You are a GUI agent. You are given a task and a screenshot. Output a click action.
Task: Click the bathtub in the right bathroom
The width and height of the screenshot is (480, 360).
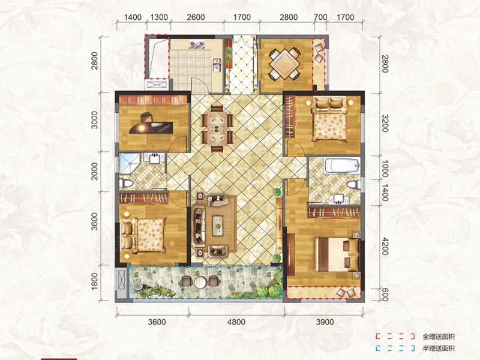click(x=342, y=166)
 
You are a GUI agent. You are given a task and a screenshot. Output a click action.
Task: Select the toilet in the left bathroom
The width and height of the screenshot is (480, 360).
click(x=127, y=184)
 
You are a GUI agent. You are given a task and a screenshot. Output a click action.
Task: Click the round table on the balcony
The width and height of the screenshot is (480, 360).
click(x=200, y=281)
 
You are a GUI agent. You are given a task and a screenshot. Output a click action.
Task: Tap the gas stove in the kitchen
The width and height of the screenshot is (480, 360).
click(x=196, y=44)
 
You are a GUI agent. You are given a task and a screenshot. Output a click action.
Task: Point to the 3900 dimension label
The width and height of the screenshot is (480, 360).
click(x=325, y=322)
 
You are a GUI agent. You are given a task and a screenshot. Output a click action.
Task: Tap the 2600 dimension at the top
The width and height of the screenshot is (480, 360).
click(x=196, y=17)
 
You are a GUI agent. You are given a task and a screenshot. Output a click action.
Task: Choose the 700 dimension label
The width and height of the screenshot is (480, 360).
click(x=320, y=17)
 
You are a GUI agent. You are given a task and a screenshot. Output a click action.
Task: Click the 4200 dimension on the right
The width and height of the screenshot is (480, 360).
click(x=385, y=246)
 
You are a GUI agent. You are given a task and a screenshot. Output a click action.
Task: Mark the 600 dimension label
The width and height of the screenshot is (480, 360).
click(x=385, y=295)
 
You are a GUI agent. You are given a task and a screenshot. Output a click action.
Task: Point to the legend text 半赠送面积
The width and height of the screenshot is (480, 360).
click(x=439, y=348)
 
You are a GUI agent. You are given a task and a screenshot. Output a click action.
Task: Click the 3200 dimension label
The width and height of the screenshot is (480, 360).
click(x=385, y=124)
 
